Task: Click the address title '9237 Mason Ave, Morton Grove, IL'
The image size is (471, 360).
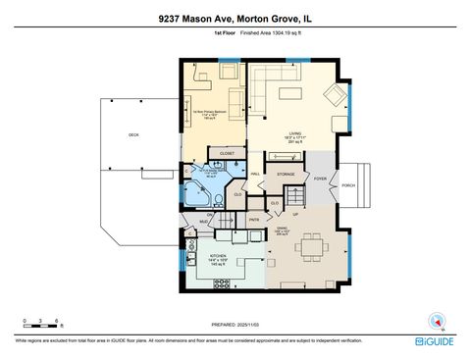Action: (x=235, y=18)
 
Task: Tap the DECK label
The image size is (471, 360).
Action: (x=132, y=134)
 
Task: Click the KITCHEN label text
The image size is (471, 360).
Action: (x=218, y=256)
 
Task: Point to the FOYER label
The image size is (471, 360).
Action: (x=321, y=180)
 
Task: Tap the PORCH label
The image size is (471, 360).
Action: (x=348, y=185)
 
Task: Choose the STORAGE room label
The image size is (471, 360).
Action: (x=286, y=175)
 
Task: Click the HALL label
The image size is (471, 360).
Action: (x=255, y=175)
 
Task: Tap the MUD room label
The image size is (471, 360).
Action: (x=204, y=223)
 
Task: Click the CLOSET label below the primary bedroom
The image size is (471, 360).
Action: (x=227, y=154)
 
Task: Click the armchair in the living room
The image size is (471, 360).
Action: (x=333, y=95)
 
